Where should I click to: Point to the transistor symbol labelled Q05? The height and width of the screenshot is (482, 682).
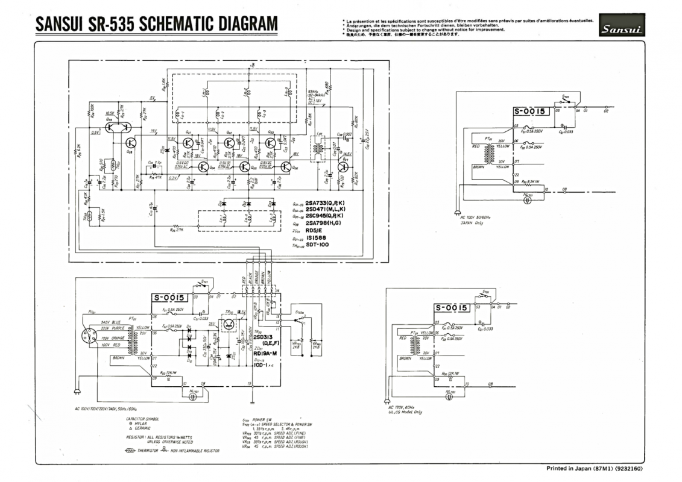pos(245,167)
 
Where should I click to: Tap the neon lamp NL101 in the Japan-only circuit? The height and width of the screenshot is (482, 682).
pos(528,199)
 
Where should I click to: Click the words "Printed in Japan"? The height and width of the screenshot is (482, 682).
pos(569,468)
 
